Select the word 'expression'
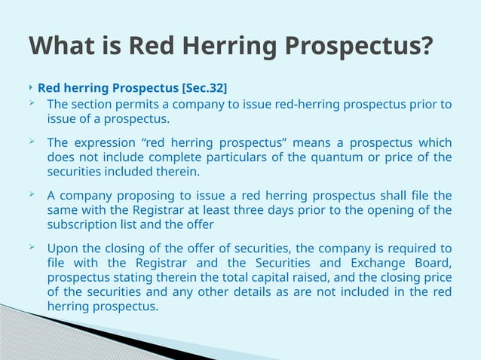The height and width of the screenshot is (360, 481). tap(109, 142)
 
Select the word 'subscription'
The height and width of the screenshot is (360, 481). tap(81, 224)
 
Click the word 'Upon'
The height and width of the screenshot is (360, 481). tap(61, 249)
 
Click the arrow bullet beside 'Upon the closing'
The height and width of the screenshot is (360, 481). tap(32, 247)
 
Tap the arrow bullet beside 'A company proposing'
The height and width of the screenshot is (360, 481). tap(32, 194)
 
